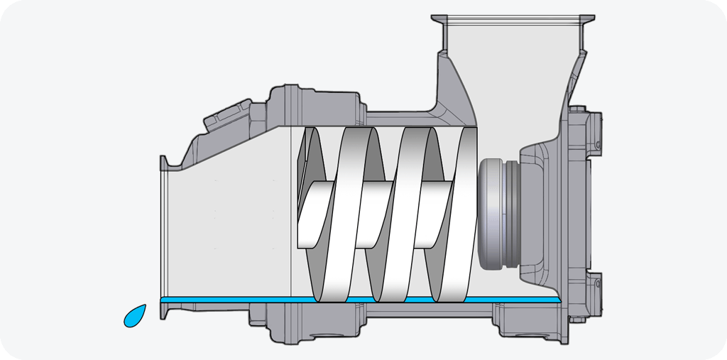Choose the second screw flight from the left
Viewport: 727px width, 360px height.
click(x=355, y=213)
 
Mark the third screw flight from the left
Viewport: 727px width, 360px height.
click(x=412, y=213)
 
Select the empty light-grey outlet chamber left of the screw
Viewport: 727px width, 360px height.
click(x=227, y=227)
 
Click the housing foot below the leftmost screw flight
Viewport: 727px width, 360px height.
click(x=284, y=323)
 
